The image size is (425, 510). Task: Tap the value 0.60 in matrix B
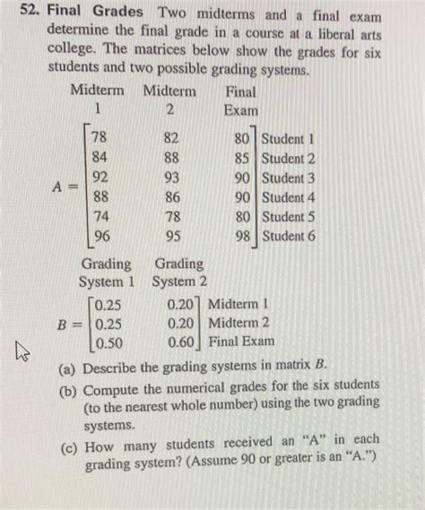point(182,341)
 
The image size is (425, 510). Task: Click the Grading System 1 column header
point(106,273)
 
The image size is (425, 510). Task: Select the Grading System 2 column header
point(178,273)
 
